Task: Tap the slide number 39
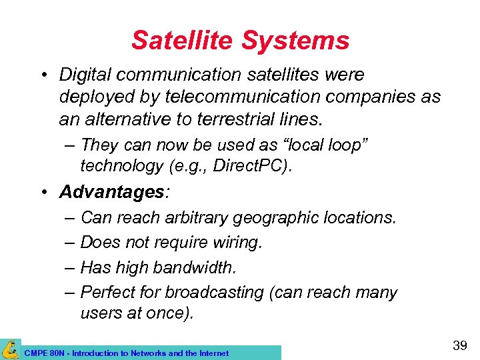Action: point(459,346)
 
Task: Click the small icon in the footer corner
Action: point(10,349)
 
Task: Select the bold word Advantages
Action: point(111,193)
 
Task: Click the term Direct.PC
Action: point(257,165)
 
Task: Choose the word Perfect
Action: point(107,293)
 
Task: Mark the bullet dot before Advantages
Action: point(43,193)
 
